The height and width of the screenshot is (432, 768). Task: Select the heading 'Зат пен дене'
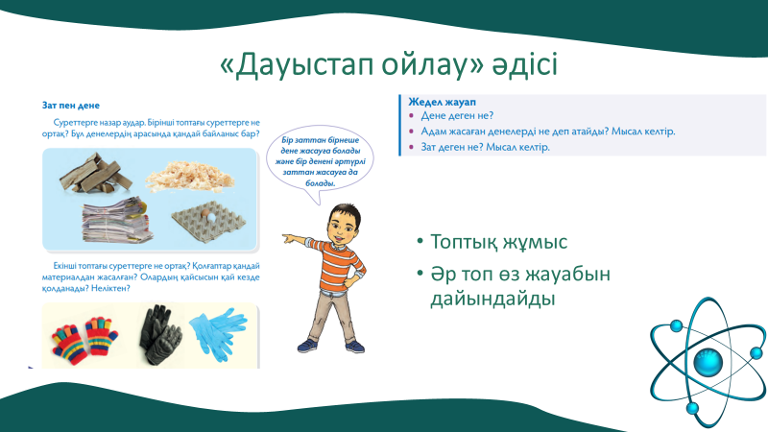[71, 106]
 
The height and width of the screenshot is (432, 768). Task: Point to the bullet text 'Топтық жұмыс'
[498, 241]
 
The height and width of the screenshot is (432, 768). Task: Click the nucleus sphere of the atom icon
[708, 362]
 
